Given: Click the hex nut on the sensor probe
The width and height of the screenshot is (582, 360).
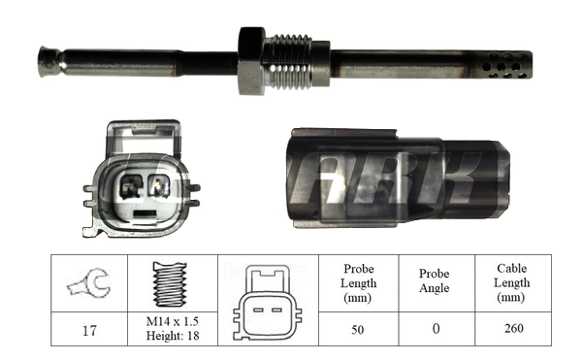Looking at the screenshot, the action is coord(251,60).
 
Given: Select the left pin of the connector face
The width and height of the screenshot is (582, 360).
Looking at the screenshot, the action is coord(130,185).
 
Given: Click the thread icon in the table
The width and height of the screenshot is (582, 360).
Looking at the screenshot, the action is coord(170,283).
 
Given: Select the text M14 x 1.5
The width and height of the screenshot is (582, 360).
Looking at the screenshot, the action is coord(171,321).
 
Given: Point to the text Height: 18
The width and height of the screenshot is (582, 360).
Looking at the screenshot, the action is coord(171,336).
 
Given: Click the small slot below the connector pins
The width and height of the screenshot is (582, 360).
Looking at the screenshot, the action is coord(144,210).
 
